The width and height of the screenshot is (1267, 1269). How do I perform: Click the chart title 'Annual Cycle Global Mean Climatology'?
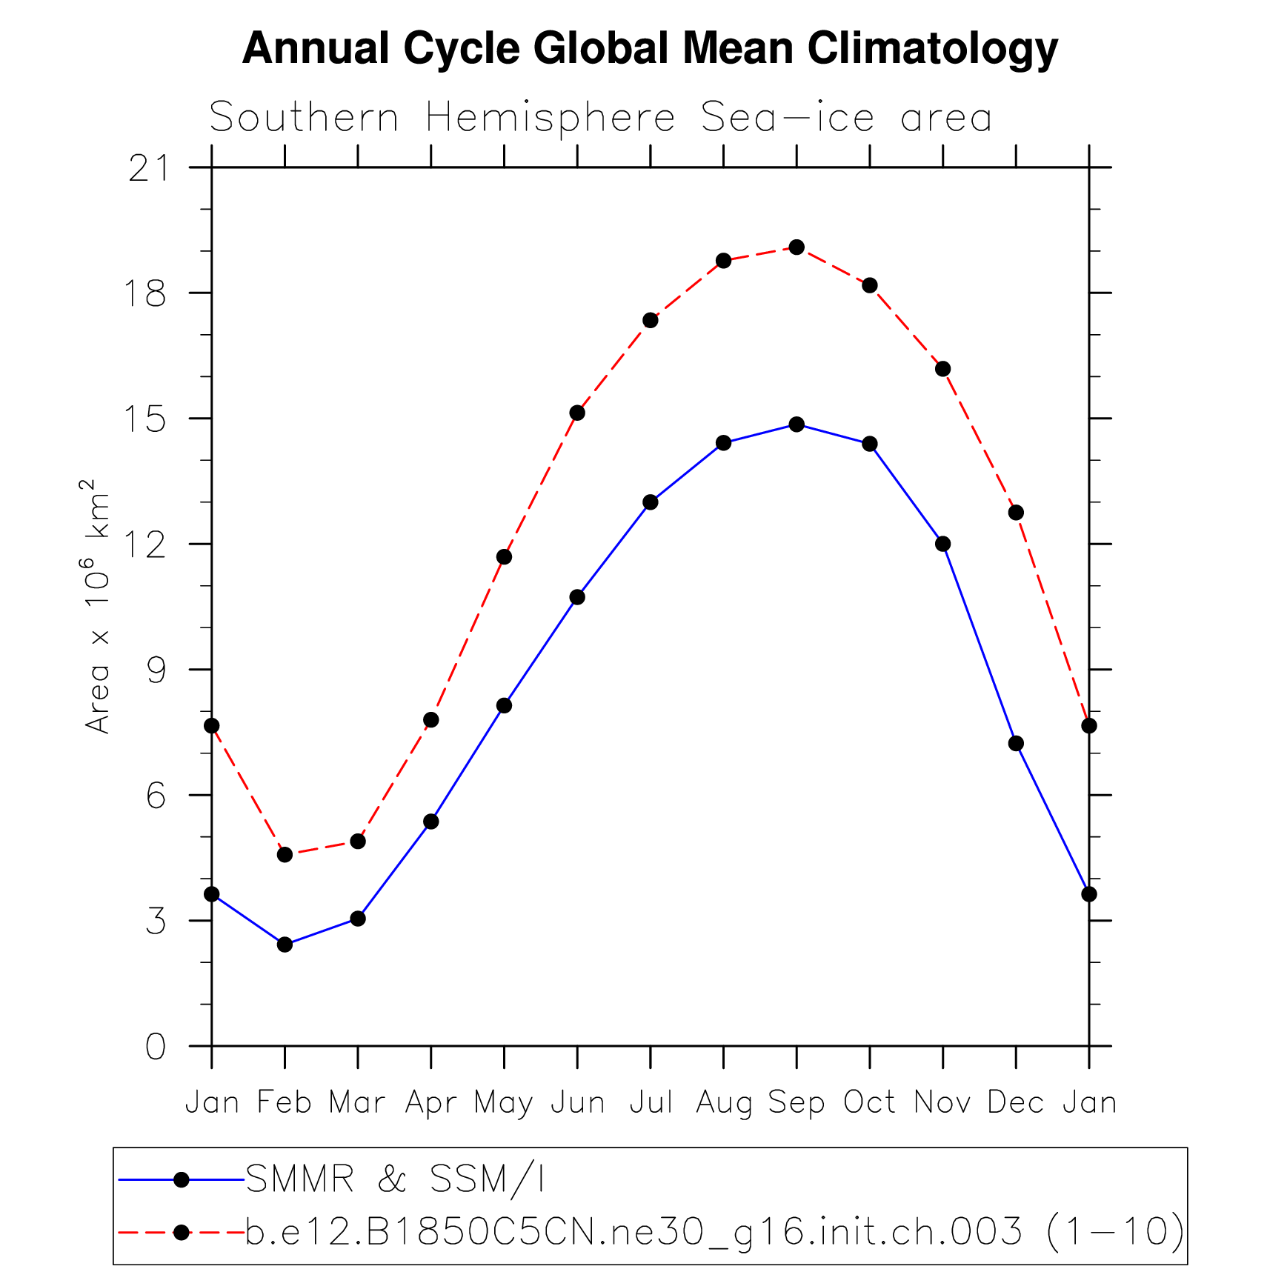click(649, 49)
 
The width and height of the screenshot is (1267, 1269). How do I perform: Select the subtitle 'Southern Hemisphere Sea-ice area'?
click(600, 118)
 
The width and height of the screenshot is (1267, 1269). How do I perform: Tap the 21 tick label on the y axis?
click(147, 169)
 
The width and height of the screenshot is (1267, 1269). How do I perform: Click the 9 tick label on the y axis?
click(156, 670)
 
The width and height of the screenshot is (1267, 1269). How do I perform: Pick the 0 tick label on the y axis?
click(156, 1047)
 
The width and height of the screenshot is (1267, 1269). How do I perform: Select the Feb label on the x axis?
click(285, 1102)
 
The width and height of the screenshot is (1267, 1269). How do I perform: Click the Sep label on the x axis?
click(797, 1102)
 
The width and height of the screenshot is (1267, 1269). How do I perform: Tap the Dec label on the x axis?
click(1015, 1102)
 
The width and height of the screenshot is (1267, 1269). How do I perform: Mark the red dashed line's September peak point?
click(797, 247)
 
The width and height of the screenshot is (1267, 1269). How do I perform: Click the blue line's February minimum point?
click(285, 945)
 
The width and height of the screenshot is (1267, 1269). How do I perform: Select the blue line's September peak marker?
click(797, 424)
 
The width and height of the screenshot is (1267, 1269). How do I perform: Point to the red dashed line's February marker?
click(285, 855)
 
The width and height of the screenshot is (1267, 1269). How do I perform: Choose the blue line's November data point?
click(942, 544)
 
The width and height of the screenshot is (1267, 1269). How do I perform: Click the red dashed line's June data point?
click(577, 413)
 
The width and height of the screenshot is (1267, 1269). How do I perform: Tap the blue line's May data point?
click(504, 705)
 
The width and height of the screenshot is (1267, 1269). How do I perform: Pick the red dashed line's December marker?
click(1016, 513)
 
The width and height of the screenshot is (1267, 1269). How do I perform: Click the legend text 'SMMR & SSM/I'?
click(395, 1179)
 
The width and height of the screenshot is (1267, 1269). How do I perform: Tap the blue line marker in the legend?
click(181, 1179)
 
